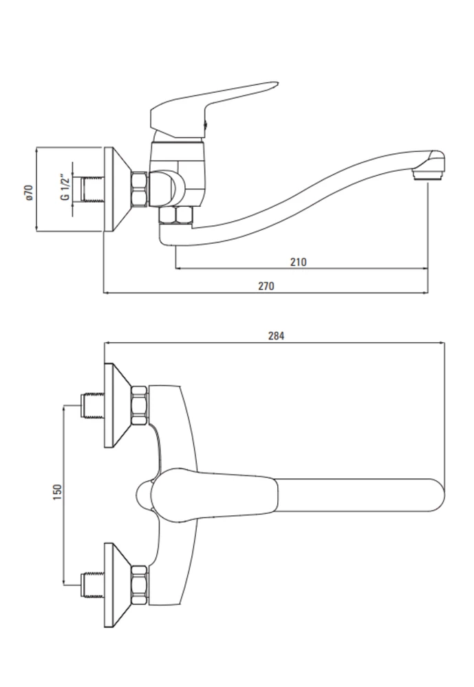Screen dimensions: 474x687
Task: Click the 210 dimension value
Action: pos(298,262)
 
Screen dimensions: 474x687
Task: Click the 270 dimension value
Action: pos(266,286)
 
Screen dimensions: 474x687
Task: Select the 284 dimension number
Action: pos(276,336)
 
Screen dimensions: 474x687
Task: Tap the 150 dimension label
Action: pos(57,493)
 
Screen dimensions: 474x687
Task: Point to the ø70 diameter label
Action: pos(29,192)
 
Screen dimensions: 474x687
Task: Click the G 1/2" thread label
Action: pos(65,187)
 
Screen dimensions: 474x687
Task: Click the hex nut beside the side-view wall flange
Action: pos(140,189)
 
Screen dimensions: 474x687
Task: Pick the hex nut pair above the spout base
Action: pos(176,216)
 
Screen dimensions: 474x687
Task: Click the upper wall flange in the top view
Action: pos(118,405)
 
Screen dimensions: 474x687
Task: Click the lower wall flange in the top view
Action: pos(118,585)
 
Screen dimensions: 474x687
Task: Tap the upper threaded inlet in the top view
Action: pos(93,405)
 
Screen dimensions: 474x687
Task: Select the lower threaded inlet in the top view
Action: pos(93,585)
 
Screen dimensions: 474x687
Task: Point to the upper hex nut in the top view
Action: pos(140,405)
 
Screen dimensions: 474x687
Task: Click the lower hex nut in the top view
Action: pos(140,585)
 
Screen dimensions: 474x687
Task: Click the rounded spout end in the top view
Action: pos(435,495)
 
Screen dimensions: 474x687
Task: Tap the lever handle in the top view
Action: pos(206,495)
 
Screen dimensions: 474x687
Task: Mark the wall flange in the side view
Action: pos(118,189)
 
